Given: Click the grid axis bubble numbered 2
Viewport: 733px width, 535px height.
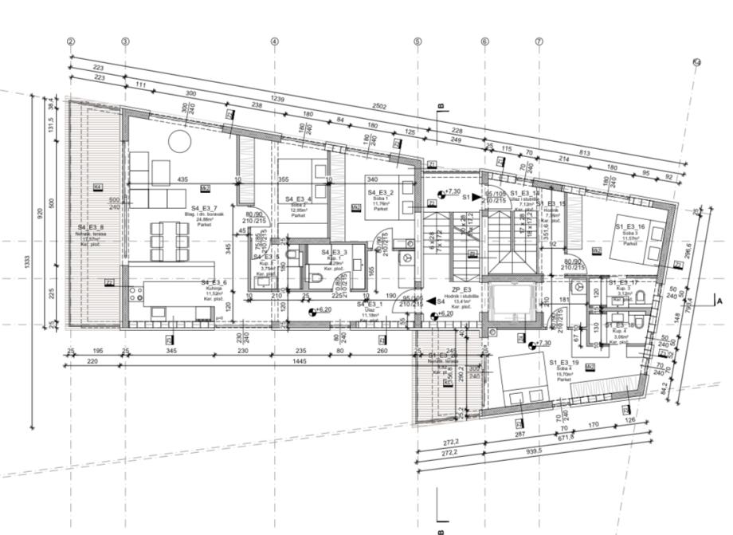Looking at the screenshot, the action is [71, 41].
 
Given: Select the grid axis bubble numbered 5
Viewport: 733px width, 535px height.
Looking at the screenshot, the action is [417, 41].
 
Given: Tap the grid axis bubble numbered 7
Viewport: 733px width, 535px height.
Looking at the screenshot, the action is [539, 41].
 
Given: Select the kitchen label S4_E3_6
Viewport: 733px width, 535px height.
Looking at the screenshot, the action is [214, 283].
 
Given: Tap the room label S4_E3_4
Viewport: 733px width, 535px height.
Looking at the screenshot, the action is [298, 199].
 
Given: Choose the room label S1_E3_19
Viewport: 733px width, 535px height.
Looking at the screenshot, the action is [566, 362].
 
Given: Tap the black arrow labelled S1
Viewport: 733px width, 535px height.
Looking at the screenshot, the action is [476, 195].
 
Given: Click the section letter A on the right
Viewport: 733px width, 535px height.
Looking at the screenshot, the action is [719, 302].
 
